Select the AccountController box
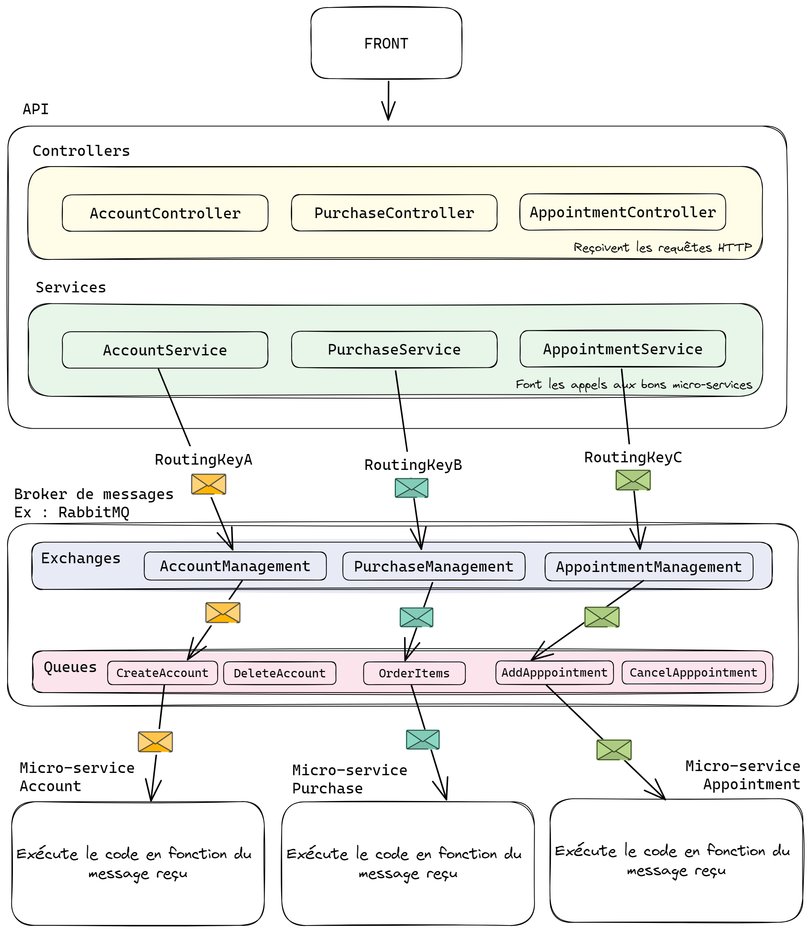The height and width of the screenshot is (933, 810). coord(165,213)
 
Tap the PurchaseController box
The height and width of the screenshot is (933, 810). coord(394,213)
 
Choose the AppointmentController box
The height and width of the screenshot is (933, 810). coord(623,212)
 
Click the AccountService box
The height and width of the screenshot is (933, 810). coord(165,350)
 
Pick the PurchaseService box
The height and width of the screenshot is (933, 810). coord(394,349)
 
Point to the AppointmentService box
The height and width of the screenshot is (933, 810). coord(623,349)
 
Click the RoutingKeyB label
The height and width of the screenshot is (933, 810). coord(413,465)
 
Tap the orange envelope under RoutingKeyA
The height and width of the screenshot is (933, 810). coord(208,484)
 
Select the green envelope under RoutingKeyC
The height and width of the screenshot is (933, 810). coord(633,480)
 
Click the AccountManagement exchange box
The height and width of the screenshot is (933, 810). coord(235,566)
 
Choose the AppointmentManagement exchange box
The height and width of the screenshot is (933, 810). coord(649,567)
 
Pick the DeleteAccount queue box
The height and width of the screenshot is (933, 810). coord(279,673)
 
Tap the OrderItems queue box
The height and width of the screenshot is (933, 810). coord(414,673)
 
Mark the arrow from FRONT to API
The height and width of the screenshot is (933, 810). coord(388,100)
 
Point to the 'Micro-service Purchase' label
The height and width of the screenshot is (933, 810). coord(349,779)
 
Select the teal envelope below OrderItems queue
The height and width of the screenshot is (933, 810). coord(423,740)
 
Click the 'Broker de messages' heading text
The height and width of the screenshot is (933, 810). coord(94,494)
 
